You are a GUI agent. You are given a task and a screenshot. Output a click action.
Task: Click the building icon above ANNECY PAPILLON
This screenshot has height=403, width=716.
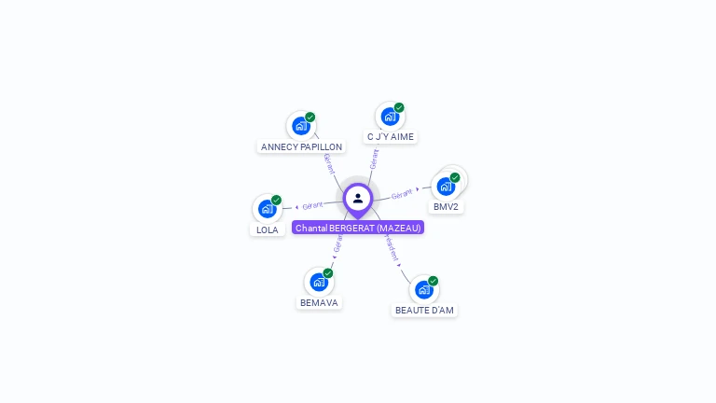click(x=300, y=126)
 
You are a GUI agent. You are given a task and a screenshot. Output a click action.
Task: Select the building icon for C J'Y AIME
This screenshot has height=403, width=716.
click(x=390, y=117)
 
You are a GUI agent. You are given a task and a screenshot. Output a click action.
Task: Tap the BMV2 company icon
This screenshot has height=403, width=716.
click(x=446, y=186)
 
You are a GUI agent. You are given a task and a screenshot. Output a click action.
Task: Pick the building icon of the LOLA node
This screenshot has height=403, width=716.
click(x=267, y=209)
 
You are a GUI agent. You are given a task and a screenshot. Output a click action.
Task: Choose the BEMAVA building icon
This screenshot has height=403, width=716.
click(x=319, y=282)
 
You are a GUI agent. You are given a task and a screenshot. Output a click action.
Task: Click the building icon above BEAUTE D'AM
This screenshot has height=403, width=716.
click(x=424, y=289)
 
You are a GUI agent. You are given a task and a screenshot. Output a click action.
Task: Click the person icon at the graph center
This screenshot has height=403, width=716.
click(x=358, y=198)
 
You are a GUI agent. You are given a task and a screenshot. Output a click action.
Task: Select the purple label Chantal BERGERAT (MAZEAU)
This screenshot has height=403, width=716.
click(x=358, y=228)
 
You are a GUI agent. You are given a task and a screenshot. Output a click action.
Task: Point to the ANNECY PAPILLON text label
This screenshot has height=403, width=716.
click(x=301, y=147)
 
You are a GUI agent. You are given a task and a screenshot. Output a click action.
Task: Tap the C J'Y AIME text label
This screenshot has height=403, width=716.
click(x=391, y=137)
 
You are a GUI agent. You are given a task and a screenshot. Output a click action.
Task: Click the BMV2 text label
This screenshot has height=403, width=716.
click(x=446, y=207)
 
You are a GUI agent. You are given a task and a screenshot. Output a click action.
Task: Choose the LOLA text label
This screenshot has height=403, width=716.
click(x=268, y=230)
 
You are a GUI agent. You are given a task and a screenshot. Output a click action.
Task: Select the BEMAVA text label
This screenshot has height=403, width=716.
click(x=319, y=303)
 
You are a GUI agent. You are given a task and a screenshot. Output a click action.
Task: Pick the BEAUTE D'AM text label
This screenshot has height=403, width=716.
click(x=425, y=310)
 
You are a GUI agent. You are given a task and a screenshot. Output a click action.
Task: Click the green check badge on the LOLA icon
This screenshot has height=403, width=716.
click(x=277, y=200)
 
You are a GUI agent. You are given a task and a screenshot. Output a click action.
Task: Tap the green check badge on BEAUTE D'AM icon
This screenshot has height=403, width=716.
click(x=434, y=281)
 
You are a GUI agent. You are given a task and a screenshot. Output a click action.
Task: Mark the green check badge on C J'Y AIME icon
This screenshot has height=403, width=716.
click(x=399, y=107)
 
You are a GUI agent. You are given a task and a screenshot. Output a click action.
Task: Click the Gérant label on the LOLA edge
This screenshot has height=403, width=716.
click(x=312, y=205)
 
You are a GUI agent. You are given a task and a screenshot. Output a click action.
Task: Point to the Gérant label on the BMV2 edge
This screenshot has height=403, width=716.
click(x=402, y=194)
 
